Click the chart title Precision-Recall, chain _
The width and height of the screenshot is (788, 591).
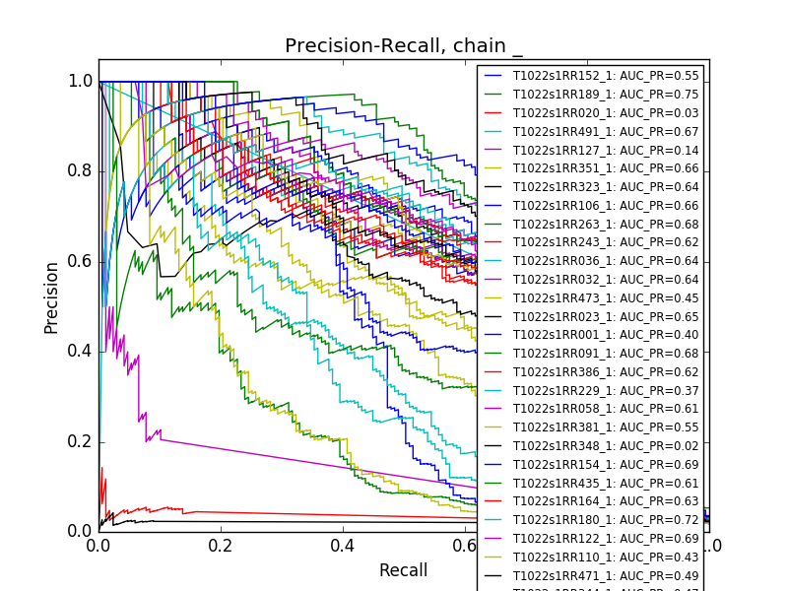coord(404,46)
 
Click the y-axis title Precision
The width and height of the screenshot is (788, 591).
coord(51,296)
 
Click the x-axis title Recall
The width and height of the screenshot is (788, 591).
coord(404,570)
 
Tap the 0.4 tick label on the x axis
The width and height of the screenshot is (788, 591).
coord(343,545)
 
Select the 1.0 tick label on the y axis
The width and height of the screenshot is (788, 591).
coord(81,82)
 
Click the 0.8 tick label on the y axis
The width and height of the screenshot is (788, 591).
coord(81,171)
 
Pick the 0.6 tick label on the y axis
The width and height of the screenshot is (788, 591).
coord(81,261)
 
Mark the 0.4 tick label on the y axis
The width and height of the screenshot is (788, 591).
coord(81,352)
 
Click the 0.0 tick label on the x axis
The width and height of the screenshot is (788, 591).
coord(98,545)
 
